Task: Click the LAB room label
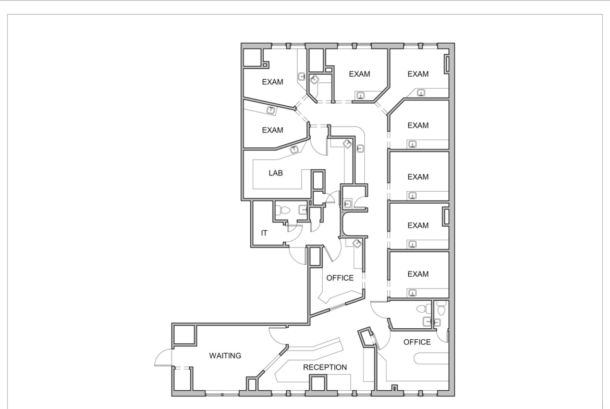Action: pos(275,173)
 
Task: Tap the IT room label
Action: pos(264,233)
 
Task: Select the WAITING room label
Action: pos(225,356)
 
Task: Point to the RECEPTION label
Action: pos(325,367)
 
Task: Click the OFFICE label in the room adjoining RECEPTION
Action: pos(417,342)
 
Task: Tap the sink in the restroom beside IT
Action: pos(303,210)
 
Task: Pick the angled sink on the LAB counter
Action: pos(295,150)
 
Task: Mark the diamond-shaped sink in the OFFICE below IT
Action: pos(357,243)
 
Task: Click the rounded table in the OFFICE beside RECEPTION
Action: pos(430,358)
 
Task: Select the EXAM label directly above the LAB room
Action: pos(272,130)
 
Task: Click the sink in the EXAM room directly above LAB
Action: pos(271,110)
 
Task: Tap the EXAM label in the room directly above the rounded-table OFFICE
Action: pos(418,274)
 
